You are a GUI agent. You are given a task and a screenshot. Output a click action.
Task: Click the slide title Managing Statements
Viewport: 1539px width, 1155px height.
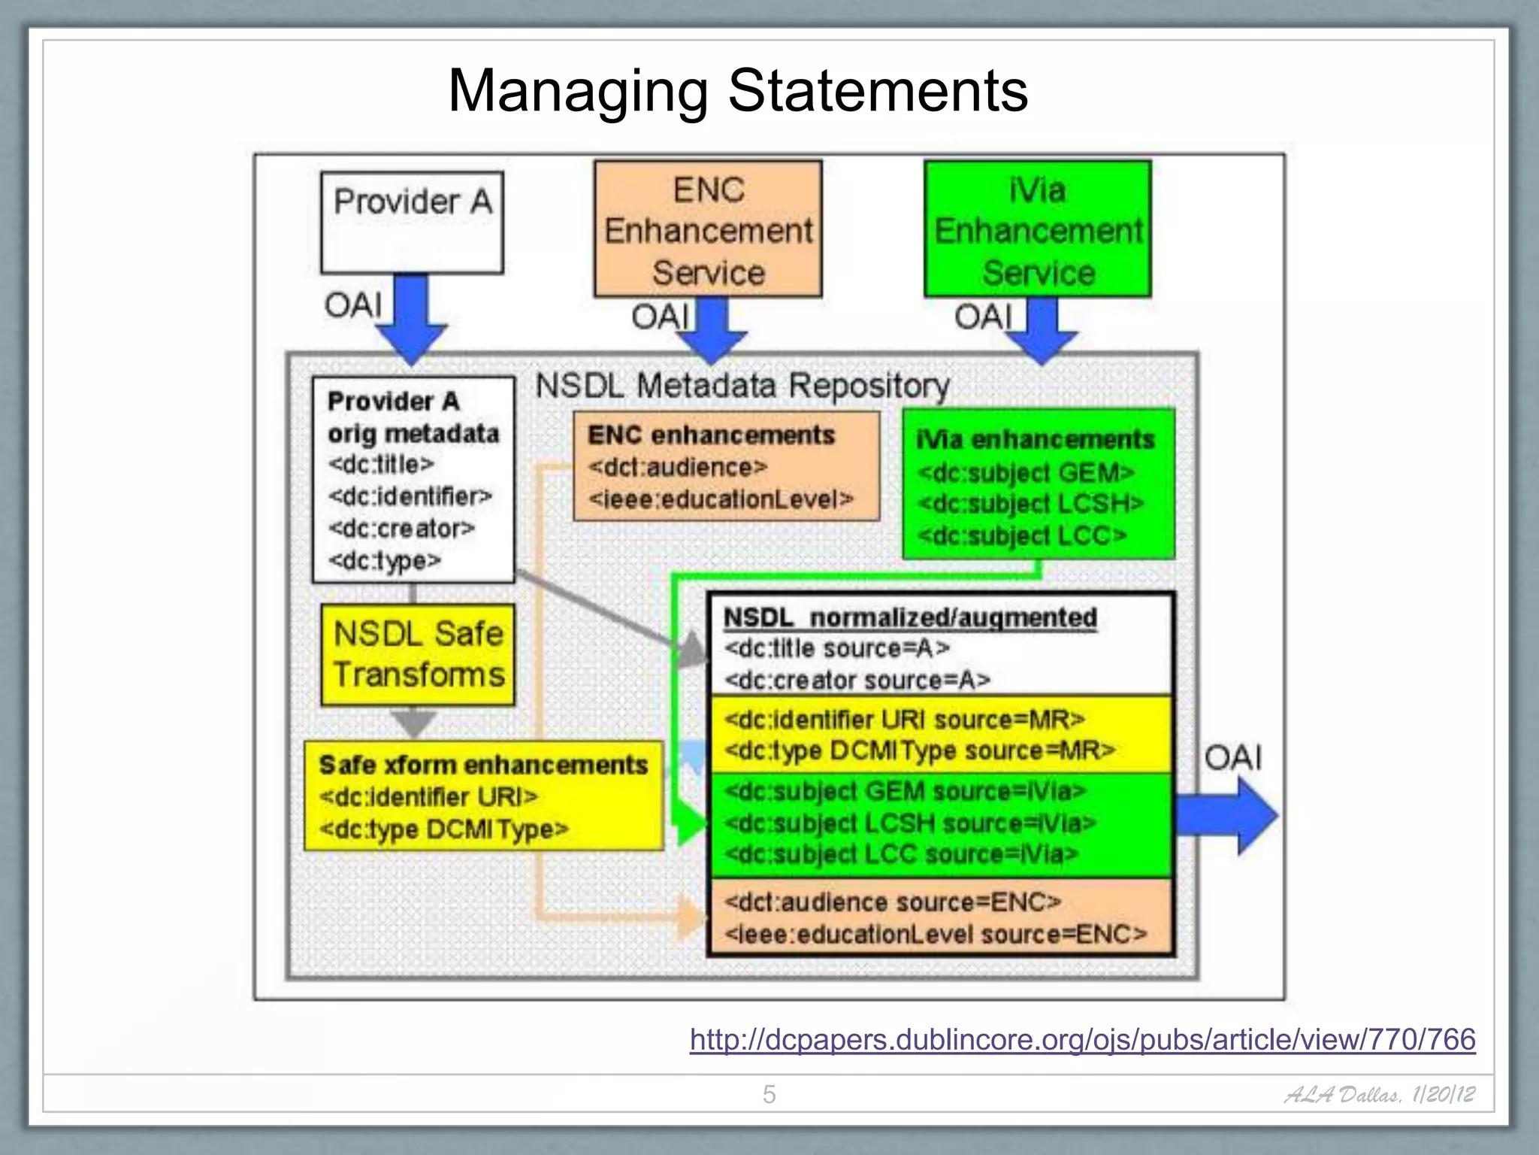tap(737, 91)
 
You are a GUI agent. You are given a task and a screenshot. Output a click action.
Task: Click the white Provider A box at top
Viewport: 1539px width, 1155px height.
tap(412, 223)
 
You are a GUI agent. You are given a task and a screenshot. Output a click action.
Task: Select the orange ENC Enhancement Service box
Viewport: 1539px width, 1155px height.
tap(707, 229)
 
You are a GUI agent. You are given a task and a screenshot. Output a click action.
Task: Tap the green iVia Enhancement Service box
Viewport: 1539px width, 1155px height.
tap(1037, 229)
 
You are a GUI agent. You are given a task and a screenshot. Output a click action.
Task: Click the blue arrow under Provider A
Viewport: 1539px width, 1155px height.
tap(412, 320)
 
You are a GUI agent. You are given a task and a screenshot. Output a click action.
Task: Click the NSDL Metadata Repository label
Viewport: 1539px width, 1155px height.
tap(742, 386)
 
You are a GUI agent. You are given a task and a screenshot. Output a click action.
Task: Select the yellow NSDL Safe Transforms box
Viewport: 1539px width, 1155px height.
tap(418, 654)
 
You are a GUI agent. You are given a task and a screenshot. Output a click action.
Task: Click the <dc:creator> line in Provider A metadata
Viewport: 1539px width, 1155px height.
tap(401, 529)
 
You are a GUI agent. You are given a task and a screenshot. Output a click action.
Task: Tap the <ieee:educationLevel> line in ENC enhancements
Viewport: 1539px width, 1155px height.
tap(721, 499)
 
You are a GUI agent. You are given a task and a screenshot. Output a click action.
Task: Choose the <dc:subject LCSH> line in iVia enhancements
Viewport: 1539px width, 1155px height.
tap(1030, 504)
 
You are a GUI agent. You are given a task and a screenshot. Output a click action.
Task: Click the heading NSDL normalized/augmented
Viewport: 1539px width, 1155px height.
tap(910, 617)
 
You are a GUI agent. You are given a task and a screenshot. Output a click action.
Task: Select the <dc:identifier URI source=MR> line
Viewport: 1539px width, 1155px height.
tap(904, 720)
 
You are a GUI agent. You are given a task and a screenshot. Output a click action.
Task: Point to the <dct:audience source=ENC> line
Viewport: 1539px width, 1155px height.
tap(892, 902)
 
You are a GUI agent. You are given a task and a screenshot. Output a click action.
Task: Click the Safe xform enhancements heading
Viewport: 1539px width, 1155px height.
tap(483, 765)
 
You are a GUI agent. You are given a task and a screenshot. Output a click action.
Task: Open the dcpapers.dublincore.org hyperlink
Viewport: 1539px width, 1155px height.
tap(1082, 1039)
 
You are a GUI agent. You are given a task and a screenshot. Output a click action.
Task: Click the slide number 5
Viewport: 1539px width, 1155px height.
tap(769, 1094)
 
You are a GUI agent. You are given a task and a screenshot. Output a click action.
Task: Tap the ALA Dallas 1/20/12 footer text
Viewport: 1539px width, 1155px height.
tap(1380, 1094)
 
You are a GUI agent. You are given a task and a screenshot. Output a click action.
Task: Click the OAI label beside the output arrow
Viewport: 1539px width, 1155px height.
tap(1232, 757)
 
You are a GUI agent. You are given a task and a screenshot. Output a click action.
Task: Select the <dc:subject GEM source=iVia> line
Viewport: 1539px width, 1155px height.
tap(905, 791)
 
